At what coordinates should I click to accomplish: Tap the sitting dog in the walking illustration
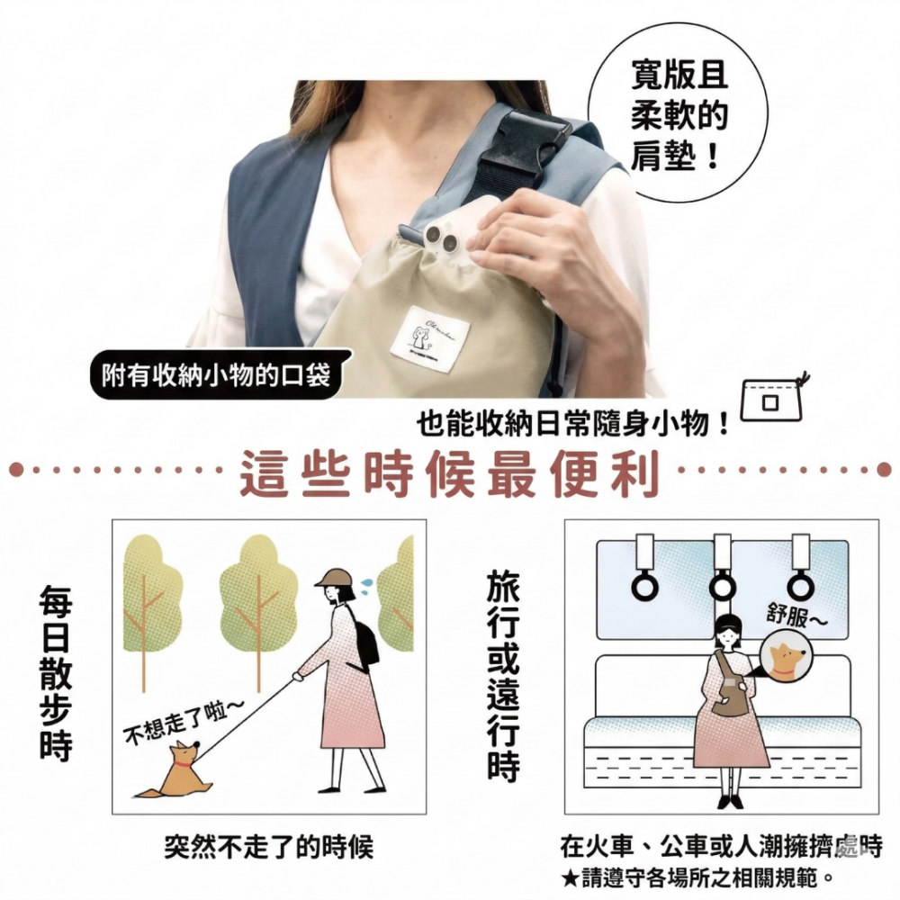click(177, 771)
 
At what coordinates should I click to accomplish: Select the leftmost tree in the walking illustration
click(151, 594)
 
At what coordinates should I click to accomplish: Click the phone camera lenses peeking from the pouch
click(440, 238)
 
